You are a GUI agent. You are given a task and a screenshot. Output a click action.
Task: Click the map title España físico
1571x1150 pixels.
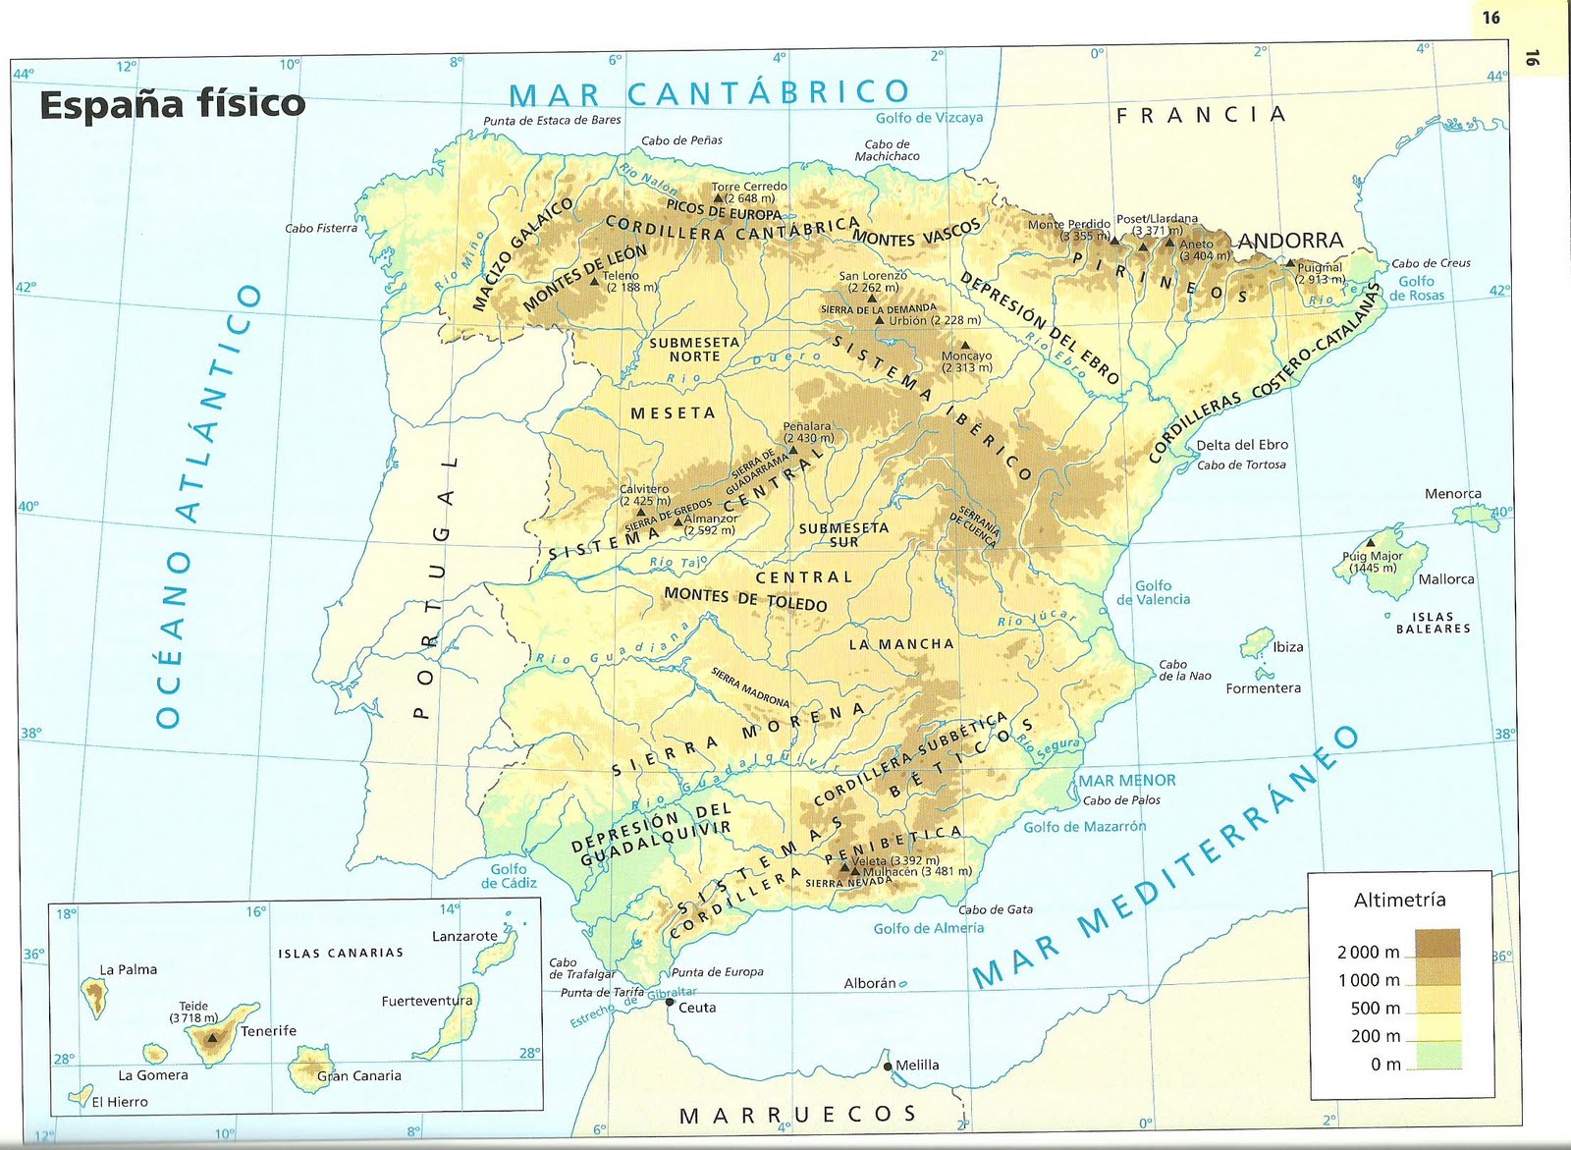tap(172, 104)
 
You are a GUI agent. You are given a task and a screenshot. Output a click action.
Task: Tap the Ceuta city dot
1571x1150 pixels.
tap(670, 1003)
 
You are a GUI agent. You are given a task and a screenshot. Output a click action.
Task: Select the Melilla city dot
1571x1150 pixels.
tap(888, 1067)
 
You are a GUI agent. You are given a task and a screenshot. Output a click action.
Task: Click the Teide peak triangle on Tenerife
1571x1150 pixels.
tap(212, 1036)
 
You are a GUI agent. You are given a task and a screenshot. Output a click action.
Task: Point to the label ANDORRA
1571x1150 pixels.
tap(1290, 241)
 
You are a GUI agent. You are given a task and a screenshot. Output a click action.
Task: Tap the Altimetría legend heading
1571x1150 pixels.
tap(1399, 900)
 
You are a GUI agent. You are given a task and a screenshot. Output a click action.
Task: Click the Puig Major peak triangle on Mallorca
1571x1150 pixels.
tap(1371, 542)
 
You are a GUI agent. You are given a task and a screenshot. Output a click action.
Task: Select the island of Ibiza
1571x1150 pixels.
tap(1256, 644)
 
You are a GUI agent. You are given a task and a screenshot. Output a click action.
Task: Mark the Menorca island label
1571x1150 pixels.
tap(1453, 494)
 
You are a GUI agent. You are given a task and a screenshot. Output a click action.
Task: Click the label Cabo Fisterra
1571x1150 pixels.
tap(321, 228)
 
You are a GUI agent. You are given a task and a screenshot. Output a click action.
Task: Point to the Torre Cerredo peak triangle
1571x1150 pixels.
tap(719, 197)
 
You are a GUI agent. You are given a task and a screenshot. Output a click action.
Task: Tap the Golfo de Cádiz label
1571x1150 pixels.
tap(509, 875)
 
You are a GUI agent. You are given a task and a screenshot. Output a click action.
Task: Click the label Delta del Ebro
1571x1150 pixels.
tap(1242, 445)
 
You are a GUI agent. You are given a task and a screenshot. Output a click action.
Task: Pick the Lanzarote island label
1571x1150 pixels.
tap(464, 936)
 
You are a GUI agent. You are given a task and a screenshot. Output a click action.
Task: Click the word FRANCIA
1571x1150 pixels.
tap(1201, 115)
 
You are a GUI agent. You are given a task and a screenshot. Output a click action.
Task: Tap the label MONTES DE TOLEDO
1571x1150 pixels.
tap(745, 599)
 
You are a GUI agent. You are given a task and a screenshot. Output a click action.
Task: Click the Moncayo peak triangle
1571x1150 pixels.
tap(966, 345)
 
